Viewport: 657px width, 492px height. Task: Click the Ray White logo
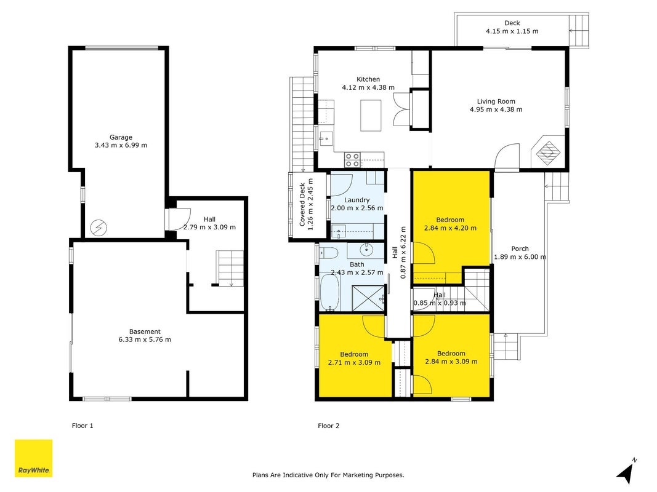point(33,458)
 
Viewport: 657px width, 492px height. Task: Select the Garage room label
point(121,137)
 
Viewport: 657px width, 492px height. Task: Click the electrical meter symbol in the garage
point(99,228)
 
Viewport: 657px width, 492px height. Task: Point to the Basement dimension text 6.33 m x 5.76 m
point(145,339)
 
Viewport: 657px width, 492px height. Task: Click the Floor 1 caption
point(83,426)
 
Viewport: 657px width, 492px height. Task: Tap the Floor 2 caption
point(329,426)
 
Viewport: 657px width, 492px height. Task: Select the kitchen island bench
point(371,116)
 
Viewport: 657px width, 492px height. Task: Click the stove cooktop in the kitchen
point(352,160)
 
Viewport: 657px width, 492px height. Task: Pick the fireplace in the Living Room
point(547,151)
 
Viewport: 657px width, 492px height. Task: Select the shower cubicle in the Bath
point(368,298)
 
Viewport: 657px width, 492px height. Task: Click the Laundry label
point(357,200)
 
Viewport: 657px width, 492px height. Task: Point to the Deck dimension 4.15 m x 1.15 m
point(512,31)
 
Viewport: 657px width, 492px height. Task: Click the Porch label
point(520,248)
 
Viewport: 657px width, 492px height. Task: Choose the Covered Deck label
point(302,205)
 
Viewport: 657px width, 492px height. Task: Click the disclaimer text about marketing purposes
point(329,475)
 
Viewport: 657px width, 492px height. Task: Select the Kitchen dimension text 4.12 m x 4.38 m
point(368,88)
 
